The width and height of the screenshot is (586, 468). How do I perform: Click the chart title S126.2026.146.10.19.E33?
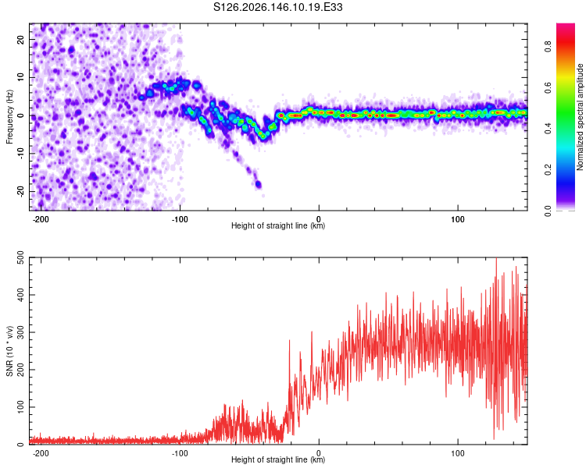click(277, 7)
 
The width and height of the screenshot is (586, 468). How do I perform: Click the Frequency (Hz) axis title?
click(9, 117)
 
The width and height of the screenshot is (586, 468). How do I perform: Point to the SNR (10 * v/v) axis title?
click(9, 351)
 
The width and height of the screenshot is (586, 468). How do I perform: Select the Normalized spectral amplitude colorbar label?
click(580, 117)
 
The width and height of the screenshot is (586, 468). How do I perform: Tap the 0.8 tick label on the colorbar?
click(548, 47)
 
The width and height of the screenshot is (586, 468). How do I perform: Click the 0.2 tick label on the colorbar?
click(548, 169)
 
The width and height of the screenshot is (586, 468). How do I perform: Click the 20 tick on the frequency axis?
click(20, 40)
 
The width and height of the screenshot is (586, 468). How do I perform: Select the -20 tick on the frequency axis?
click(20, 191)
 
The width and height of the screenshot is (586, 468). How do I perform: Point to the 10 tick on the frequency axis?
click(20, 78)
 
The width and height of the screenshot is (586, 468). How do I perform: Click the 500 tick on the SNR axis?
click(20, 257)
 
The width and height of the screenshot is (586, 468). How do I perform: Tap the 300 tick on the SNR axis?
click(20, 332)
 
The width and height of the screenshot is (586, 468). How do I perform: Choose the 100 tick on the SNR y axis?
click(20, 407)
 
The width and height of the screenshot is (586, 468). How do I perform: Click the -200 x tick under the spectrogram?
click(41, 219)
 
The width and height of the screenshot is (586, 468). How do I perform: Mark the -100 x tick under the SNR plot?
click(180, 453)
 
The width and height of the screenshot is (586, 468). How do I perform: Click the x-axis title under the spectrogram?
click(278, 225)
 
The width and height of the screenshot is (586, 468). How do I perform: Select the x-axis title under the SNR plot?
click(278, 459)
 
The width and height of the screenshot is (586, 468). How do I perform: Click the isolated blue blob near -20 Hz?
click(259, 184)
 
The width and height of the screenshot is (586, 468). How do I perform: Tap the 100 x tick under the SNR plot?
click(457, 453)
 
